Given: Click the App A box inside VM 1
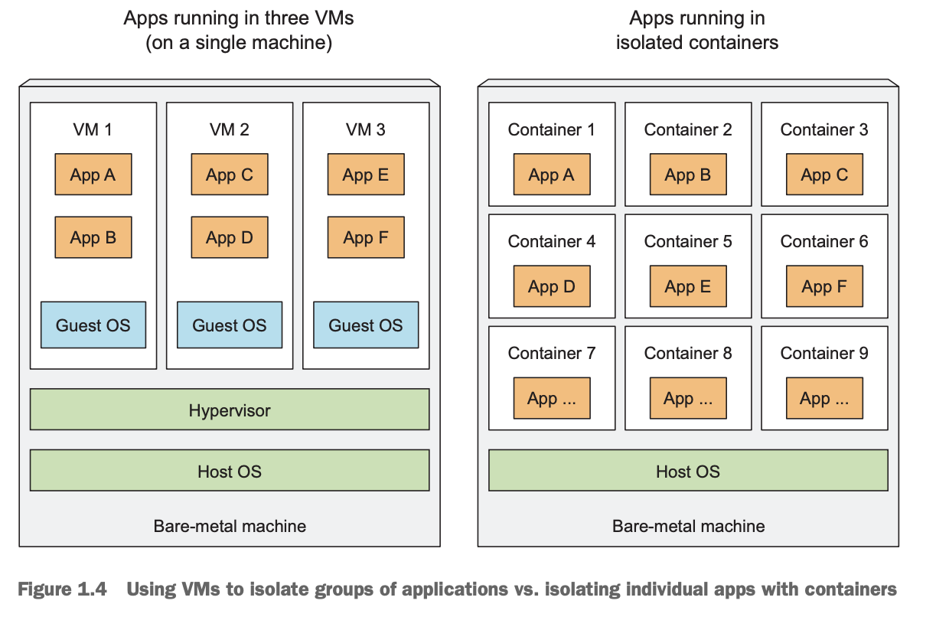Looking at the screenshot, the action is tap(93, 175).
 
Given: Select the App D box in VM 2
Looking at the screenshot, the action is tap(230, 237).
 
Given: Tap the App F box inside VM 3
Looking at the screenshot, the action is tap(366, 237).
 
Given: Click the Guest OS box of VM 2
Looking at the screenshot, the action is tap(230, 325).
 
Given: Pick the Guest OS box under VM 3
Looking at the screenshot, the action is tap(366, 325).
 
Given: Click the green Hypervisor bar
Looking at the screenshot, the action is tap(230, 410).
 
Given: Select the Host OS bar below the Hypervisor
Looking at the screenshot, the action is tap(230, 470).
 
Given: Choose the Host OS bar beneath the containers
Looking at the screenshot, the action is tap(689, 470).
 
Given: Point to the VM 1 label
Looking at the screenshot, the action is tap(93, 129).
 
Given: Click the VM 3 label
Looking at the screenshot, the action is tap(366, 129).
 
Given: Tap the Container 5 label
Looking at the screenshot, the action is tap(688, 242).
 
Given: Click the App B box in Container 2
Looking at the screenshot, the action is tap(689, 175).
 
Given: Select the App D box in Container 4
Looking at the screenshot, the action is tap(552, 286).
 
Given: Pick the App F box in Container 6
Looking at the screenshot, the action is tap(825, 286).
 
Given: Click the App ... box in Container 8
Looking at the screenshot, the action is tap(689, 398).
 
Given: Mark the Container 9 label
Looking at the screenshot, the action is tap(824, 354).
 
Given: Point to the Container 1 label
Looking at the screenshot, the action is tap(552, 129).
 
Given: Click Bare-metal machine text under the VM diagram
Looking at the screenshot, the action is tap(230, 527).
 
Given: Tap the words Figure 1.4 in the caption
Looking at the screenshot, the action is tap(62, 589).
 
